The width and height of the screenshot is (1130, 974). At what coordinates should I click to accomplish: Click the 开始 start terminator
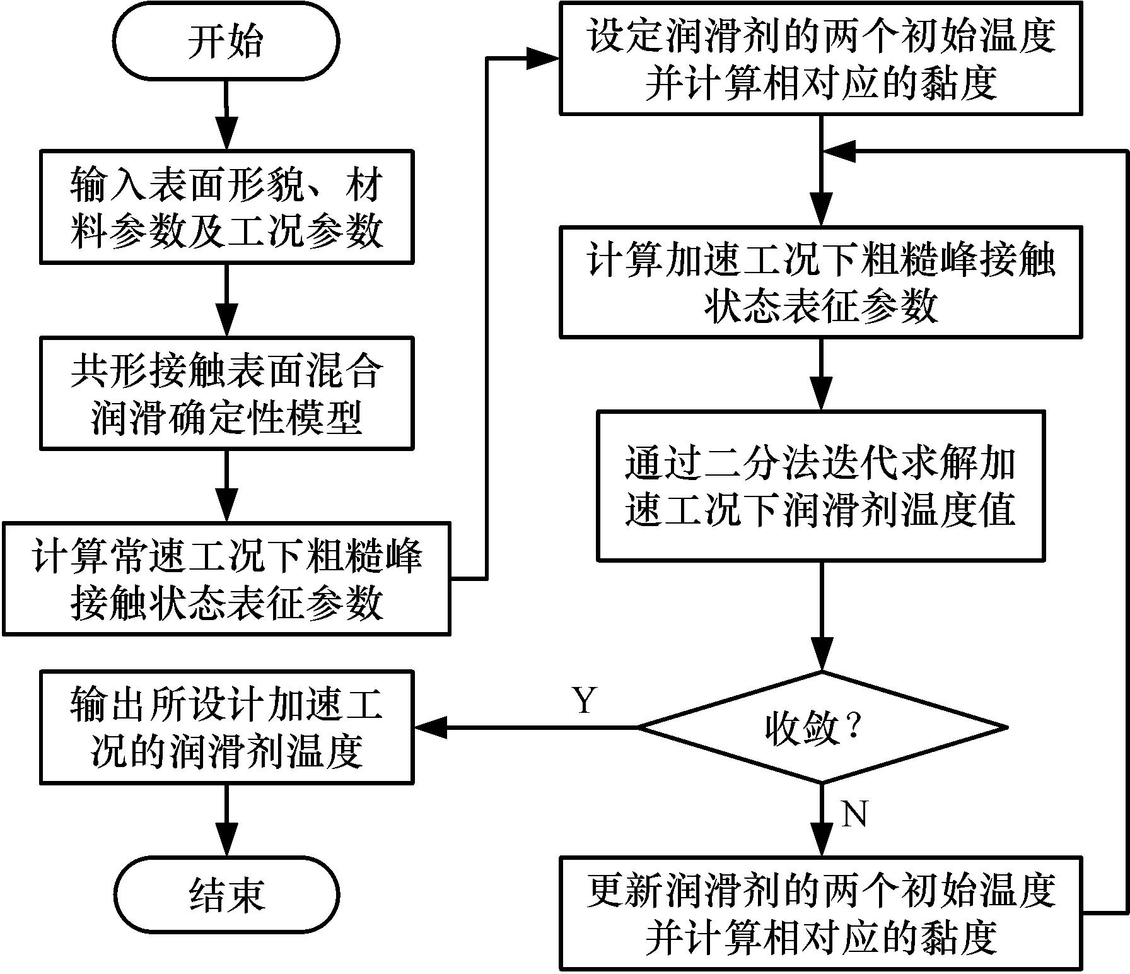point(226,42)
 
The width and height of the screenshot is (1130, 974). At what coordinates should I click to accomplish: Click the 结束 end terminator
point(226,894)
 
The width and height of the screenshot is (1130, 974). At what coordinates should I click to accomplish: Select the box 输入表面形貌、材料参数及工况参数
point(226,206)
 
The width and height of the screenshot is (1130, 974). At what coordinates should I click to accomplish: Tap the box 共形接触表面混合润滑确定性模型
point(226,393)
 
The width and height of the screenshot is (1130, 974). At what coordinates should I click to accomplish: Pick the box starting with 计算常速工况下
point(226,578)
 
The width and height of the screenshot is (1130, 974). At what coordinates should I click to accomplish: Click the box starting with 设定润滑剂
point(821,58)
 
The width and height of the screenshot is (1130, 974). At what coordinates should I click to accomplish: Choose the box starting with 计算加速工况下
point(821,281)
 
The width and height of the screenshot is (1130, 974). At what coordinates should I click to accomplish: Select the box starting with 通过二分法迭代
point(821,486)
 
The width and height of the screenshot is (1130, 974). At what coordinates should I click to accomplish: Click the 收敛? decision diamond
point(821,727)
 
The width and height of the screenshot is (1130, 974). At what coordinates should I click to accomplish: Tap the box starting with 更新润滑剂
point(821,913)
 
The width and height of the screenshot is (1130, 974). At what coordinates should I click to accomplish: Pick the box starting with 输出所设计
point(226,727)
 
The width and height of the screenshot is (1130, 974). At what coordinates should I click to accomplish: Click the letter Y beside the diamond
point(585,700)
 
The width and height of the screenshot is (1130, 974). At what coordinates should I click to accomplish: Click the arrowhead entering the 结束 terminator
point(226,842)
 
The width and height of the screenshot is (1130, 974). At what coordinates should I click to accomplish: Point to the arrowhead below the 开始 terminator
point(226,134)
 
